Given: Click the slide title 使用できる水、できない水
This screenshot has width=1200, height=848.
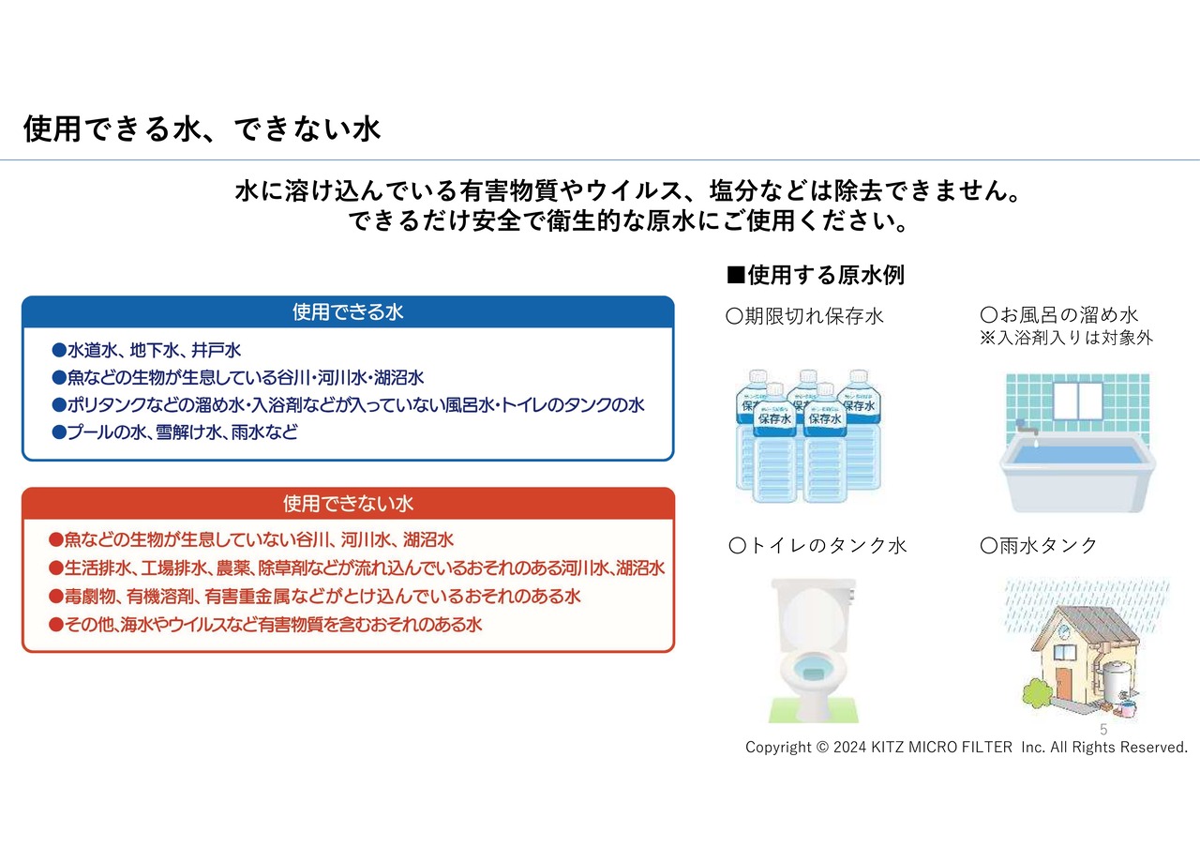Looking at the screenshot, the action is coord(202,129).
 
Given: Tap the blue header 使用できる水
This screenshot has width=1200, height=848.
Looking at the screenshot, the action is coord(348,312).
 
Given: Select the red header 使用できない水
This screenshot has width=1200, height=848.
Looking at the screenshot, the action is coord(348,504).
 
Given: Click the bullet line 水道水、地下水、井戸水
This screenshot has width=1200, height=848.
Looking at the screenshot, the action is coord(146,351).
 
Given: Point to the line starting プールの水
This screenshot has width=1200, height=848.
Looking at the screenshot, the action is coord(174,432).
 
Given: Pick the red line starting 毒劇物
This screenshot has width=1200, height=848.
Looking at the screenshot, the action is coord(314,596).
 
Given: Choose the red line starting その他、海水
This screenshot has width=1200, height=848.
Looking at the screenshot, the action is coord(265,625).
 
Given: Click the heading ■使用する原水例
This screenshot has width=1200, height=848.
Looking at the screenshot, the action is coord(816,275).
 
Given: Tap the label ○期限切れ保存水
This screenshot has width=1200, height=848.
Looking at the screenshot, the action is coord(804,316).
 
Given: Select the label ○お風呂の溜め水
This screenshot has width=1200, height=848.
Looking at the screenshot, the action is coord(1059,314).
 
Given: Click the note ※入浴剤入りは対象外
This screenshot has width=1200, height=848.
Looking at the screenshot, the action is coord(1066,338).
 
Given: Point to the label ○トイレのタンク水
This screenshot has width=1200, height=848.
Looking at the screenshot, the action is coord(817,546).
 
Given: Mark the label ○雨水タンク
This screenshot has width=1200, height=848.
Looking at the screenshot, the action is coord(1039,546).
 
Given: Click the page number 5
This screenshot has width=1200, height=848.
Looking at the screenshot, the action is coord(1103,730).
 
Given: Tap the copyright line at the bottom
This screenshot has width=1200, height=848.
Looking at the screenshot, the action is coord(967,748).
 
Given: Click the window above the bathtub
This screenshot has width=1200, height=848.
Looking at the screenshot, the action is coord(1078,401).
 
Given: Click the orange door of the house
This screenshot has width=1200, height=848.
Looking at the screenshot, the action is coord(1064,682).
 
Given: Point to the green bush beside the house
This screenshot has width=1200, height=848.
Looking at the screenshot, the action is coord(1038,693).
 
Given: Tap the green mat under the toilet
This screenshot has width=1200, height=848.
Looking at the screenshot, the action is coord(813,710).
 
